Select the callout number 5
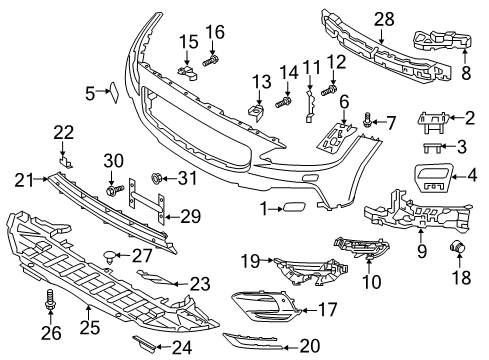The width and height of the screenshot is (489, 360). pos(90,93)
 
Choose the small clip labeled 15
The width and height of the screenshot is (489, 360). pos(185,71)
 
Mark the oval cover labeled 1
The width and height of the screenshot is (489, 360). pos(296,209)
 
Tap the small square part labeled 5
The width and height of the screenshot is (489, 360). pos(112,93)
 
